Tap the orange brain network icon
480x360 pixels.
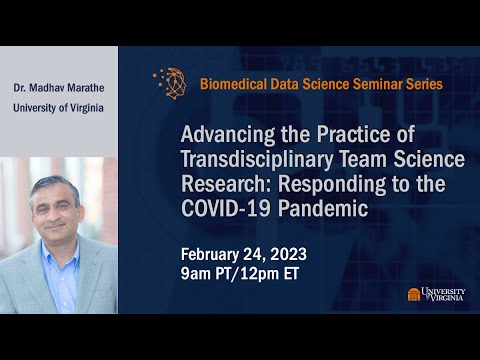[169, 84]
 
